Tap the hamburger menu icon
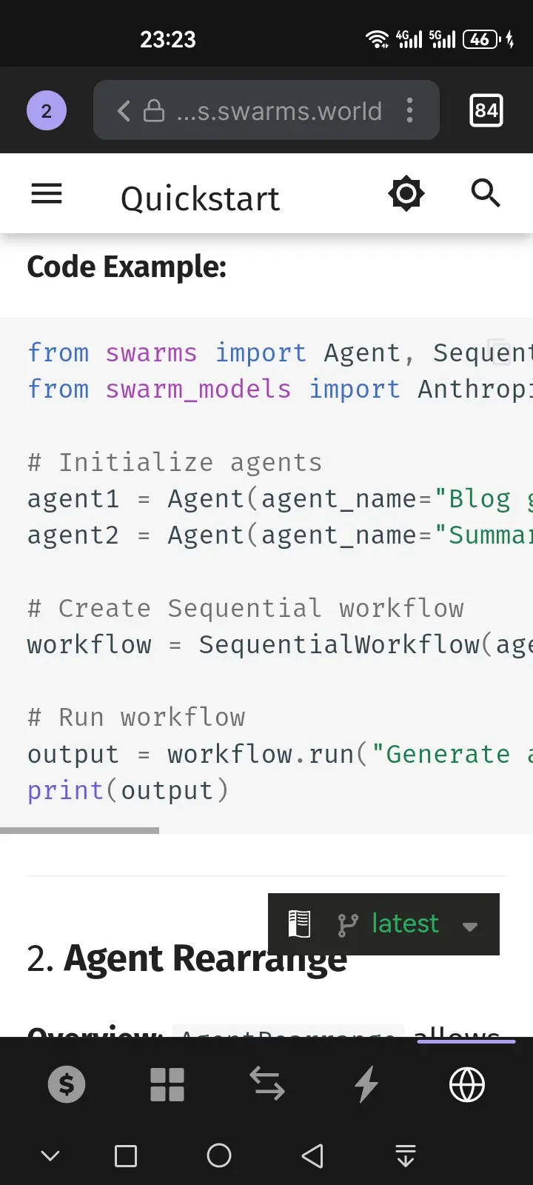point(47,194)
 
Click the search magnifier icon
point(486,193)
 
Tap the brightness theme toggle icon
point(406,194)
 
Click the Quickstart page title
point(200,198)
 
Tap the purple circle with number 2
point(47,111)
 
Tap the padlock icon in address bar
point(154,111)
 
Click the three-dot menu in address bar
point(409,111)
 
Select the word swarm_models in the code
point(198,389)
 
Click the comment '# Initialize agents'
point(175,462)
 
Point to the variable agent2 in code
point(73,535)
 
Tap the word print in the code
point(65,790)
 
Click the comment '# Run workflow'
point(136,717)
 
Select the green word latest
point(405,924)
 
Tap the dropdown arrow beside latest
point(470,926)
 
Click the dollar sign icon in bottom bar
point(67,1085)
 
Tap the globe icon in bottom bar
point(467,1085)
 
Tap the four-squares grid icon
point(167,1085)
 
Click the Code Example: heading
point(127,267)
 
